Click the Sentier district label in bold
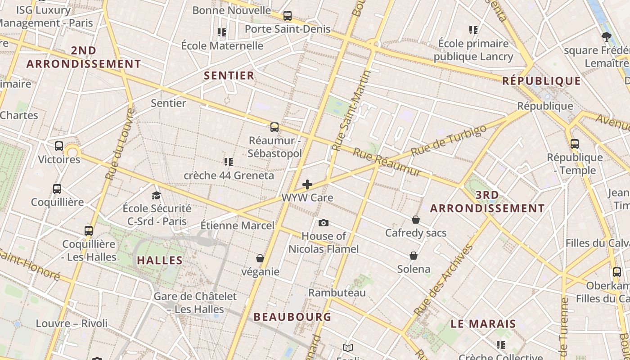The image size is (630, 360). pyautogui.click(x=229, y=76)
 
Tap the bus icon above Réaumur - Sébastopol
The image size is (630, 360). pyautogui.click(x=274, y=127)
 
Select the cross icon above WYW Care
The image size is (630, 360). pyautogui.click(x=307, y=184)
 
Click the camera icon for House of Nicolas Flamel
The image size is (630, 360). pyautogui.click(x=323, y=223)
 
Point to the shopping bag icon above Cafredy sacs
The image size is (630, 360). pyautogui.click(x=416, y=220)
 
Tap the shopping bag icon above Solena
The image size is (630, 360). pyautogui.click(x=414, y=256)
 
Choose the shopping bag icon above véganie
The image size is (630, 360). pyautogui.click(x=260, y=258)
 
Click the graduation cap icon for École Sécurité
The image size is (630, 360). pyautogui.click(x=157, y=195)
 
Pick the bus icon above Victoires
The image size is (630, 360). pyautogui.click(x=59, y=146)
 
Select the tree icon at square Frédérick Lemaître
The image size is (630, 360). pyautogui.click(x=606, y=36)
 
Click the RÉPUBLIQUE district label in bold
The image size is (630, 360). pyautogui.click(x=541, y=81)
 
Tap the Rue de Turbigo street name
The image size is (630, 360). pyautogui.click(x=449, y=140)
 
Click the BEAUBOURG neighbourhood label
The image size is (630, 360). pyautogui.click(x=292, y=317)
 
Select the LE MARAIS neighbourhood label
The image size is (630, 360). pyautogui.click(x=483, y=324)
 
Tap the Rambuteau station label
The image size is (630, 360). pyautogui.click(x=337, y=292)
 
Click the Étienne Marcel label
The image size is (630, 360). pyautogui.click(x=237, y=225)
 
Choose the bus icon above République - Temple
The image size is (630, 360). pyautogui.click(x=575, y=144)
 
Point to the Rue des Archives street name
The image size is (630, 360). pyautogui.click(x=444, y=280)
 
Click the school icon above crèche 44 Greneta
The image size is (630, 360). pyautogui.click(x=229, y=162)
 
